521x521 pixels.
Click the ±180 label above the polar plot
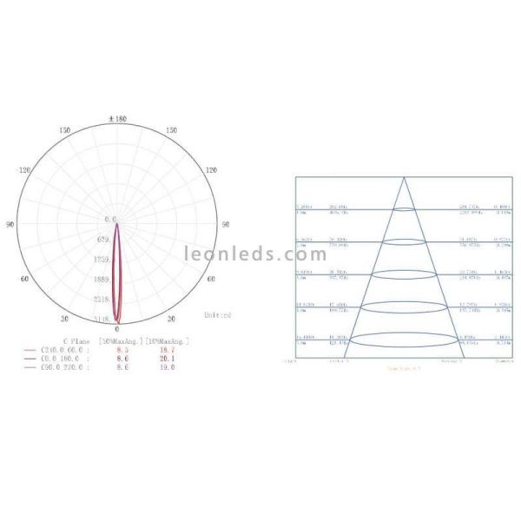[x=117, y=118]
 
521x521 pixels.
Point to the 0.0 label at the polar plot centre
[x=110, y=220]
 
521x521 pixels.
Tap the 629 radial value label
[x=104, y=239]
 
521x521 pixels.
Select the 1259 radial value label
[x=102, y=260]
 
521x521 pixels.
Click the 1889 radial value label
[x=102, y=280]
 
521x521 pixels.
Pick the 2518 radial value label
[x=102, y=300]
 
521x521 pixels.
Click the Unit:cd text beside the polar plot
[x=217, y=314]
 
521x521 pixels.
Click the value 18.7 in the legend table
[x=164, y=350]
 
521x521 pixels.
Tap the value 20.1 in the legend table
[x=164, y=359]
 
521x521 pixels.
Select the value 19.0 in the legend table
[x=164, y=367]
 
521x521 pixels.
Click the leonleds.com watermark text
[x=255, y=254]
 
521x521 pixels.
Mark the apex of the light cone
[x=405, y=178]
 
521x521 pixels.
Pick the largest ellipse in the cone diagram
[x=405, y=339]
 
